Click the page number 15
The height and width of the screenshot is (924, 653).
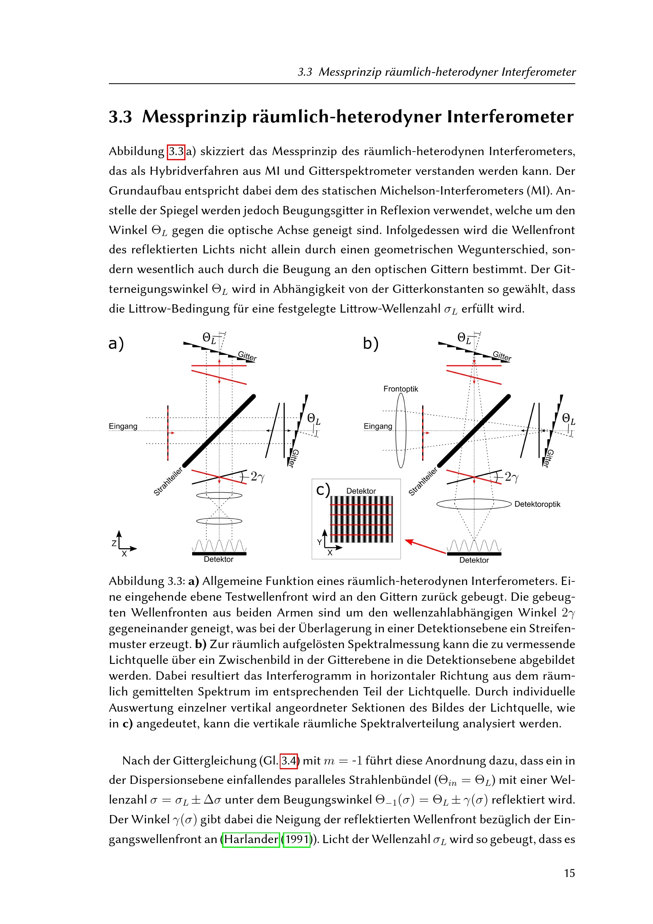pyautogui.click(x=569, y=873)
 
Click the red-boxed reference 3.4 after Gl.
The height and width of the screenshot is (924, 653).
pyautogui.click(x=288, y=761)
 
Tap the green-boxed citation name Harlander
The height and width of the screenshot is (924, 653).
pyautogui.click(x=251, y=839)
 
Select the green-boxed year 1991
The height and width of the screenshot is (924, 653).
pyautogui.click(x=297, y=839)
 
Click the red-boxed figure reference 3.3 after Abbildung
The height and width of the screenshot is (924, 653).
pyautogui.click(x=176, y=151)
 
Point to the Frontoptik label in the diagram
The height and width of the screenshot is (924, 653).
pyautogui.click(x=400, y=389)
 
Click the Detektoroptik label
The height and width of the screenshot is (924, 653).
pyautogui.click(x=537, y=504)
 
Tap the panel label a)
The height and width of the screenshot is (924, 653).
pyautogui.click(x=116, y=343)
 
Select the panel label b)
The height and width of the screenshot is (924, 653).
pyautogui.click(x=370, y=343)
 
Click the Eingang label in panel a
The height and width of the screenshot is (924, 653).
pyautogui.click(x=123, y=426)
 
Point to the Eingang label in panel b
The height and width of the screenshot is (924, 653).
pyautogui.click(x=377, y=426)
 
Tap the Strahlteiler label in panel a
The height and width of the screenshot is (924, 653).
pyautogui.click(x=168, y=481)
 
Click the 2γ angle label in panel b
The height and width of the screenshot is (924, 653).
pyautogui.click(x=511, y=477)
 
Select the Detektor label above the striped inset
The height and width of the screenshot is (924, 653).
pyautogui.click(x=361, y=491)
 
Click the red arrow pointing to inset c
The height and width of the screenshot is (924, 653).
pyautogui.click(x=425, y=547)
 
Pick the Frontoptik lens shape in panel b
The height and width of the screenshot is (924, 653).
pyautogui.click(x=401, y=430)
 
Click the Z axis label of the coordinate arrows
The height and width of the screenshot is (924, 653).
pyautogui.click(x=114, y=543)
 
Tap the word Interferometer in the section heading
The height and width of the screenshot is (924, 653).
pyautogui.click(x=510, y=117)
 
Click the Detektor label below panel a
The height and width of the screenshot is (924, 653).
pyautogui.click(x=219, y=559)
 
